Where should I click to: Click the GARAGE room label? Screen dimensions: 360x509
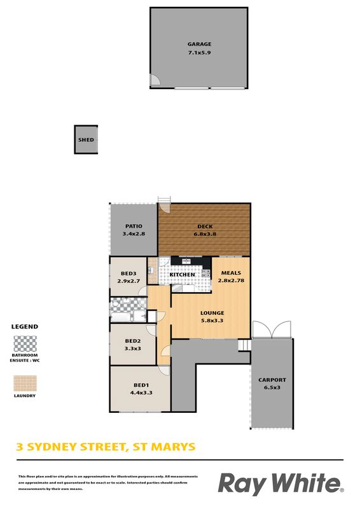199,44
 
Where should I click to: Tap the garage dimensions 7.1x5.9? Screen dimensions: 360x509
199,52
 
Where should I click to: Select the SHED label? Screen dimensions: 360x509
86,140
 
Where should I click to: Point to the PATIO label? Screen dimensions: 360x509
134,227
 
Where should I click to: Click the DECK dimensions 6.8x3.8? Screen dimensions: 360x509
205,234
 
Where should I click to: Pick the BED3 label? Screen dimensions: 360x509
128,274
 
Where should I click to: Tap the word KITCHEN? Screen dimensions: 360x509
183,275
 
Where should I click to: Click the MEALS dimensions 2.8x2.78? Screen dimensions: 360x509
231,281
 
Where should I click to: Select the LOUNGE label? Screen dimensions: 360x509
212,313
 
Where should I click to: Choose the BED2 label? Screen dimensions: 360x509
133,341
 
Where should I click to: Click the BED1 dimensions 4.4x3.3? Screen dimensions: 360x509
141,393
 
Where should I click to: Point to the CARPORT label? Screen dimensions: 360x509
272,380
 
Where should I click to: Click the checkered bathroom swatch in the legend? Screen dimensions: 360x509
25,344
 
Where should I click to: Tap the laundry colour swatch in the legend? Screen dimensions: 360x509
25,384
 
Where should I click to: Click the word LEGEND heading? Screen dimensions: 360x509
25,326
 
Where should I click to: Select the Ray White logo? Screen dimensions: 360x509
280,484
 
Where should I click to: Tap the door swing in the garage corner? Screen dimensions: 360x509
155,80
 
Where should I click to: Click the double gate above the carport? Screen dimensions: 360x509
272,329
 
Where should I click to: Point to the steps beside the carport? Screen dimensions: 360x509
244,345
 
